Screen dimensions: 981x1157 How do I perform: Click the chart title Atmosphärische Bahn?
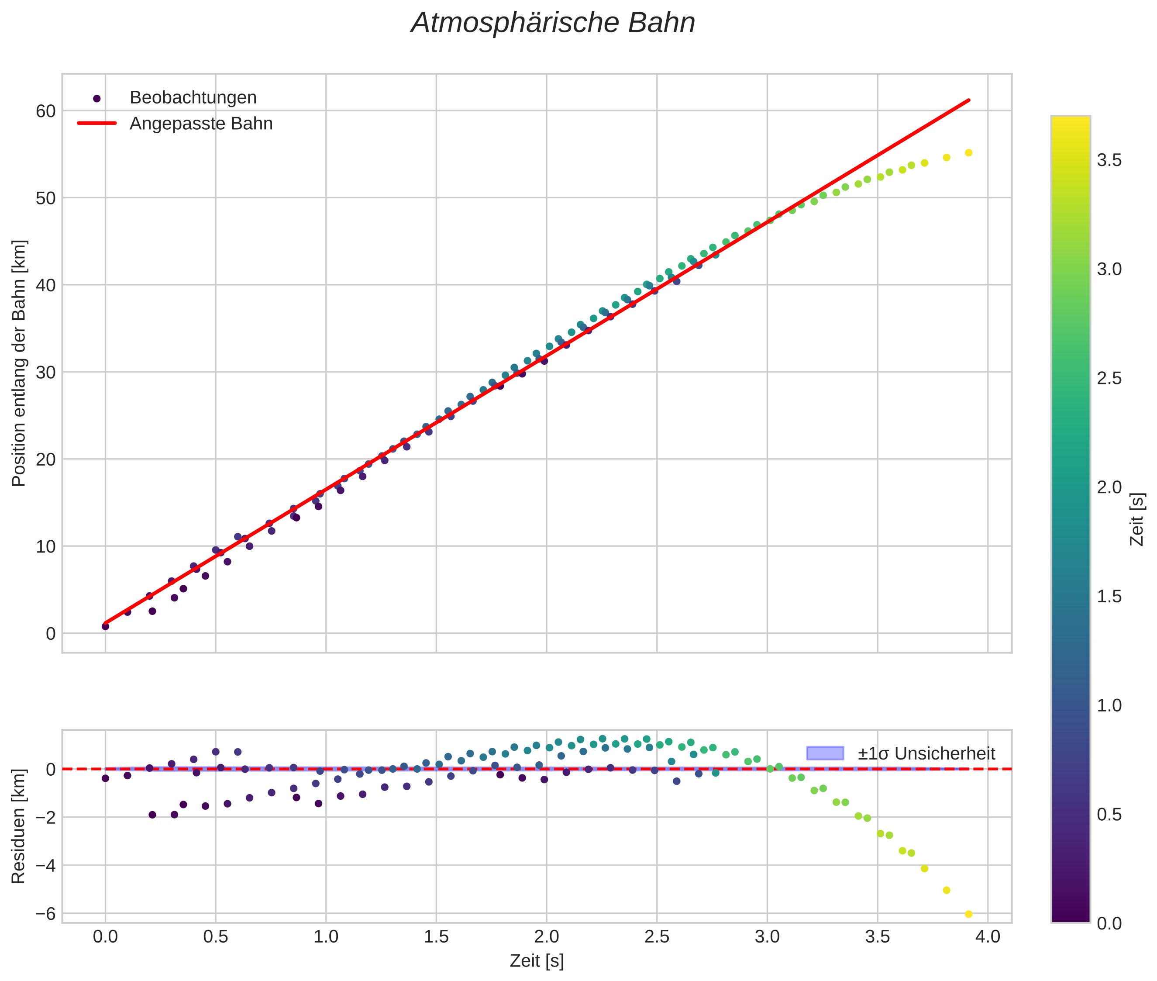pos(553,23)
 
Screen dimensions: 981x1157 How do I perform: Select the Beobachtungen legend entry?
pos(193,98)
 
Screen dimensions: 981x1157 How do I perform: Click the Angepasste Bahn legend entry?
pos(201,124)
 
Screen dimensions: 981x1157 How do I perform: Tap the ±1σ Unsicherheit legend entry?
pos(926,753)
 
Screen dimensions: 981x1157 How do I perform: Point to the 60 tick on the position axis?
pos(45,111)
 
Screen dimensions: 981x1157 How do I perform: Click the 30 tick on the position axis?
pos(45,373)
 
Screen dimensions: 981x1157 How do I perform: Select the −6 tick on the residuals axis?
pos(42,914)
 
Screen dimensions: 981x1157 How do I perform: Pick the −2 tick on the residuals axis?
pos(42,818)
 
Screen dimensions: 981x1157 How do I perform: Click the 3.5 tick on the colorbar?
pos(1109,161)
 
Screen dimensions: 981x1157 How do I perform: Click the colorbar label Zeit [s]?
pos(1137,519)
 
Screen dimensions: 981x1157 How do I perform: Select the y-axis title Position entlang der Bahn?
pos(19,363)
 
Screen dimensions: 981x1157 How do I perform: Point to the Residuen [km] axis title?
pos(19,826)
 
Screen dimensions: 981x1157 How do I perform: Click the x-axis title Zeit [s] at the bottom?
pos(537,961)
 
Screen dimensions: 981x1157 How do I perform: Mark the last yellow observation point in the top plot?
pos(968,153)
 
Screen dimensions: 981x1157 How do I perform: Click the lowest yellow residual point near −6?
pos(968,914)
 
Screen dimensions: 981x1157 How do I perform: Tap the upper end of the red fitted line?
pos(969,100)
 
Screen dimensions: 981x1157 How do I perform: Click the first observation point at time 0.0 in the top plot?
pos(106,626)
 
